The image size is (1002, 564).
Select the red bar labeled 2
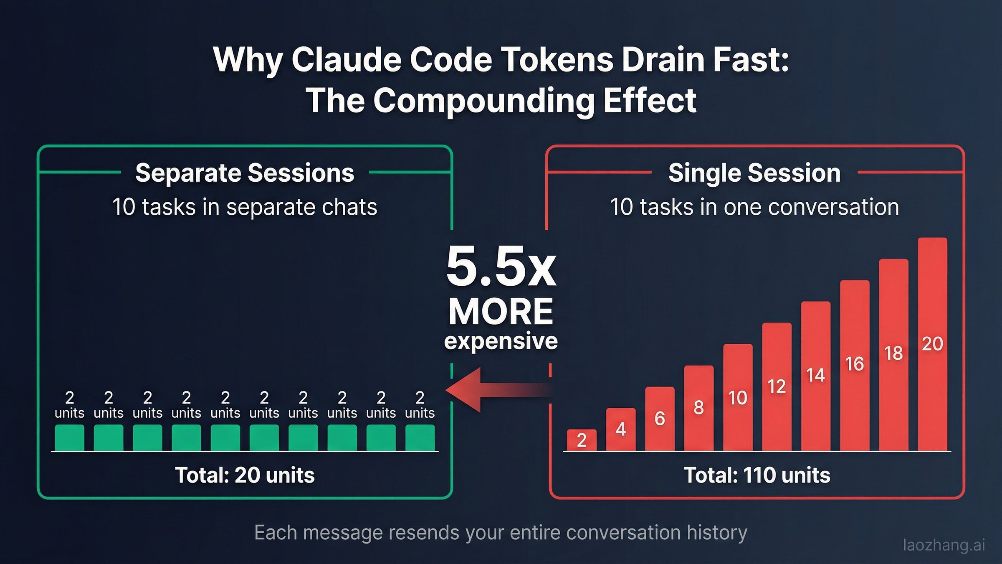tap(582, 440)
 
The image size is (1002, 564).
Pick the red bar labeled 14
tap(815, 376)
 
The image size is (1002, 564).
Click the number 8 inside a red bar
tap(698, 407)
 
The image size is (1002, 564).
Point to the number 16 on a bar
tap(855, 364)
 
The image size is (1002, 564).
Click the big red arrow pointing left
tap(493, 390)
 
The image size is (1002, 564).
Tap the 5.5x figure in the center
tap(501, 267)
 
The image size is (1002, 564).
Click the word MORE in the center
tap(501, 312)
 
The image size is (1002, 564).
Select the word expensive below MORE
tap(501, 341)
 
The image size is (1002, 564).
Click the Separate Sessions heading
tap(245, 173)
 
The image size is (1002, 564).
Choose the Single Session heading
tap(754, 173)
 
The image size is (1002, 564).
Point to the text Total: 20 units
tap(245, 475)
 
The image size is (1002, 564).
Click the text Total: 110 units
tap(757, 475)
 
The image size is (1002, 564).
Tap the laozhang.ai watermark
tap(944, 545)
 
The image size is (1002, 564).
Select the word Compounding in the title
tap(484, 101)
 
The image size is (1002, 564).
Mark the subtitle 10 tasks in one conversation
tap(754, 207)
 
